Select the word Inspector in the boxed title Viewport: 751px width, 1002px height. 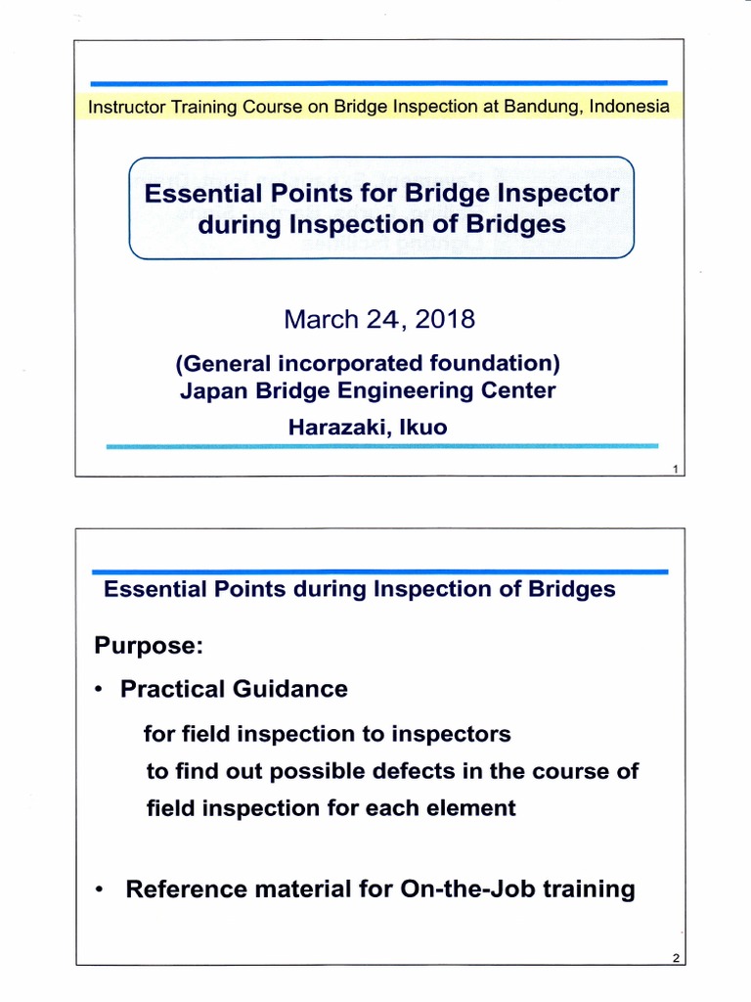click(x=556, y=194)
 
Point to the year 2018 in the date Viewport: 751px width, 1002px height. click(x=441, y=320)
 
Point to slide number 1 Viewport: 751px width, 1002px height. click(x=675, y=471)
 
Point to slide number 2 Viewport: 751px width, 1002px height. click(x=675, y=959)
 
